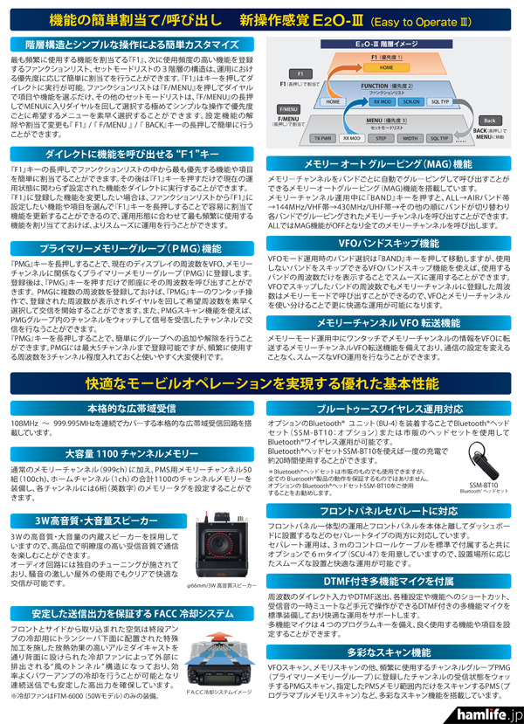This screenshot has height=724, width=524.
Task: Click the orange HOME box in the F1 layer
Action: tap(386, 67)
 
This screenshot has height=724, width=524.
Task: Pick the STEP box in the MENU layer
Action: tap(382, 138)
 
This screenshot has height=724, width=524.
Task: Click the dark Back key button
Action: tap(490, 120)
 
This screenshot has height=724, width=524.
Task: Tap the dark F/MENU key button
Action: tap(288, 115)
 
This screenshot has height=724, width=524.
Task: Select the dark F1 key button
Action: tap(300, 74)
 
